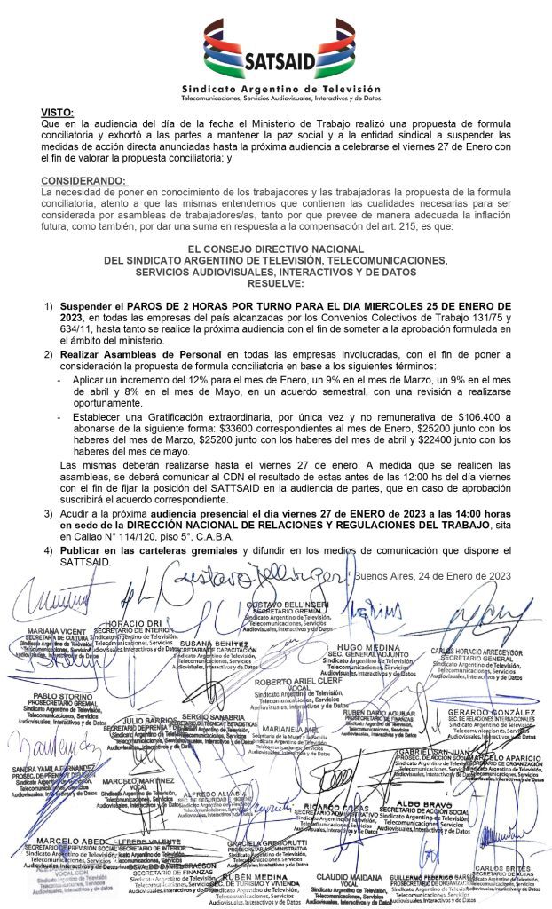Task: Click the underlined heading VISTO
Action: (58, 112)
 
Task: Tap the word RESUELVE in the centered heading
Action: (275, 284)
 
